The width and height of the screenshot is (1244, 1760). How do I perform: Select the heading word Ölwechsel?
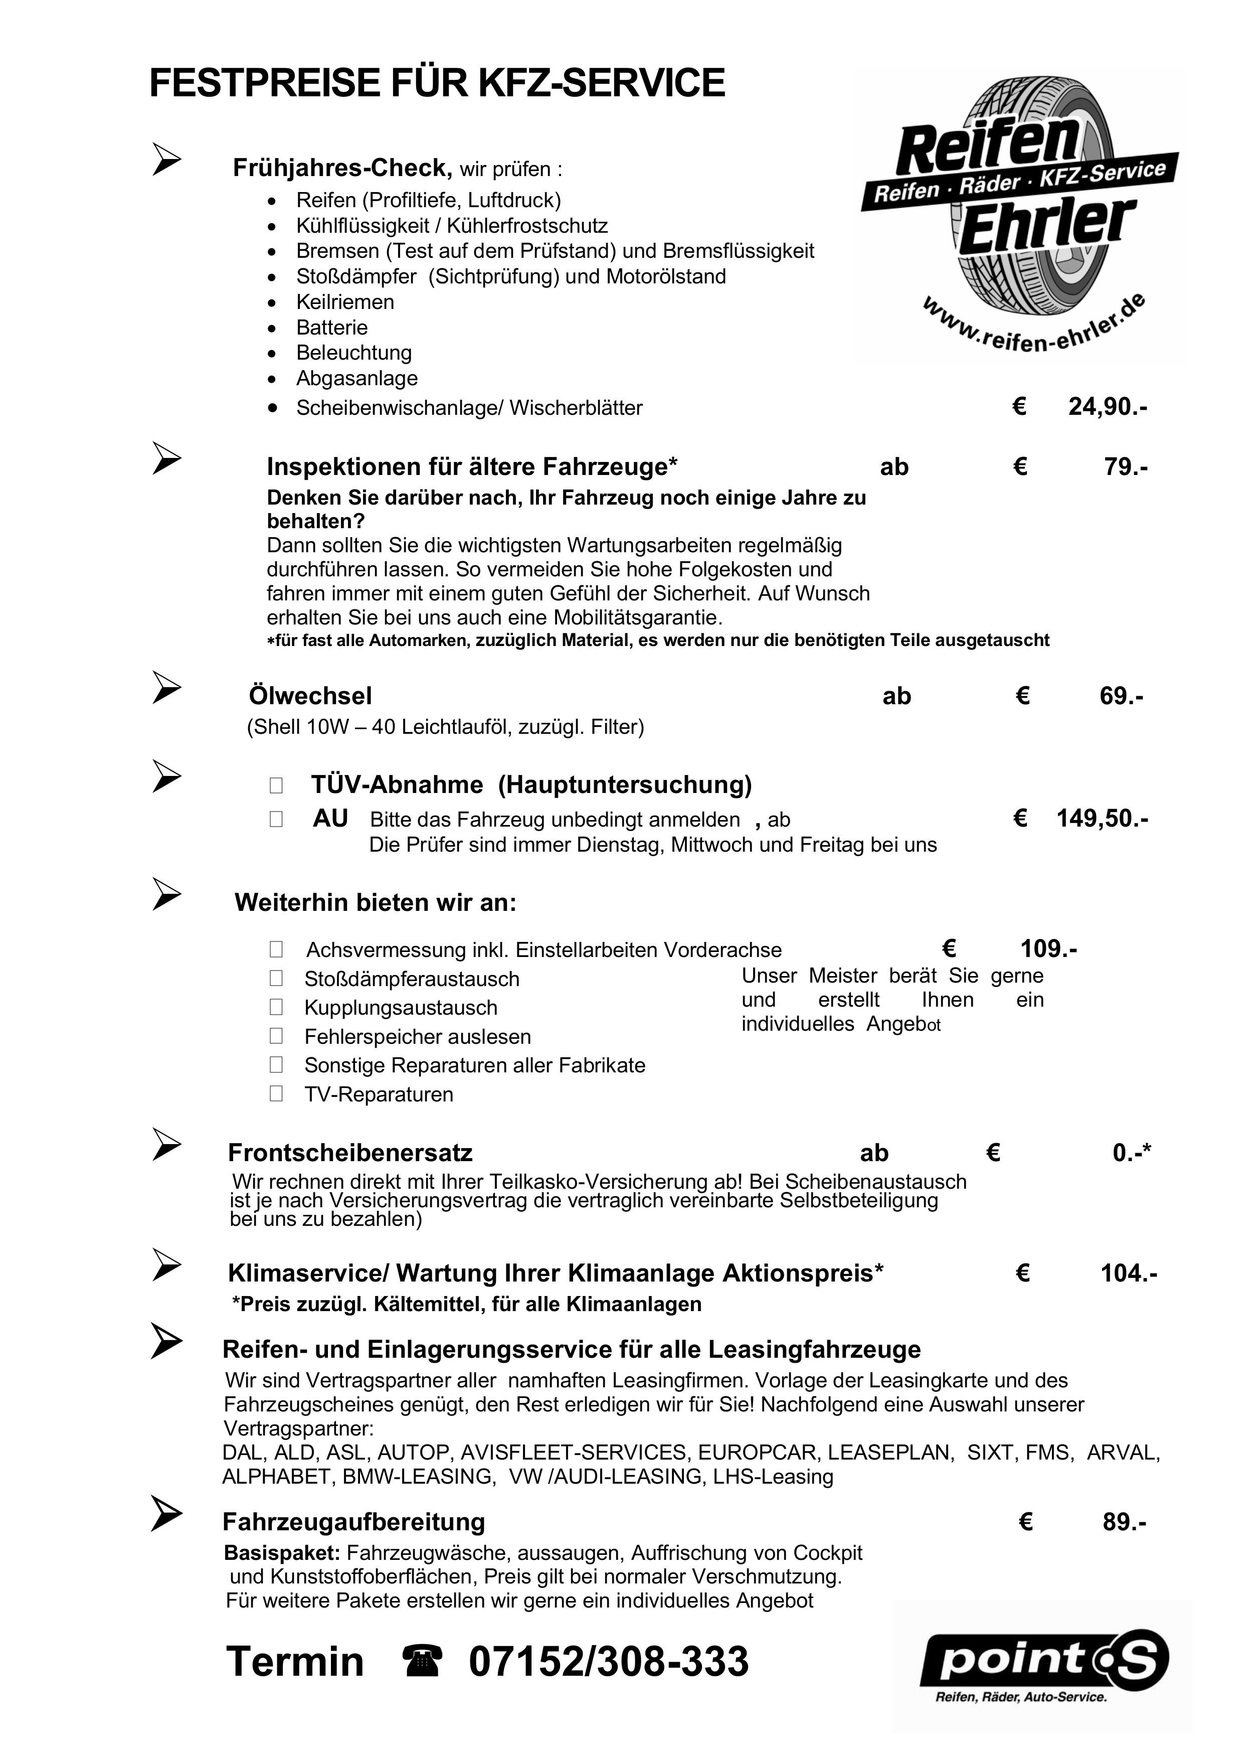tap(310, 696)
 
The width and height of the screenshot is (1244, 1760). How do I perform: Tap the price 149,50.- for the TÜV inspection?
tap(1102, 819)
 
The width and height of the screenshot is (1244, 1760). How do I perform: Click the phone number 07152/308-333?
tap(609, 1662)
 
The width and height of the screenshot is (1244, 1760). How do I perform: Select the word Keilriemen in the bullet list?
tap(345, 302)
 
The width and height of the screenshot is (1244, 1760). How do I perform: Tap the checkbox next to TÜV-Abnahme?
tap(276, 786)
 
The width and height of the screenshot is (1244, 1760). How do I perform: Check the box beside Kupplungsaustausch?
tap(276, 1007)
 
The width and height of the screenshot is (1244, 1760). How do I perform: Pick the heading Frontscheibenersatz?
tap(350, 1153)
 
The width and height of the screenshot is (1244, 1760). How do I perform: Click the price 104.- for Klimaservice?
tap(1128, 1273)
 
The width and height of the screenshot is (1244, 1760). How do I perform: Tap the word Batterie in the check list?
tap(332, 328)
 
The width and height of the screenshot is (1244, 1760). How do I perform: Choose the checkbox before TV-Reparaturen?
tap(276, 1094)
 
